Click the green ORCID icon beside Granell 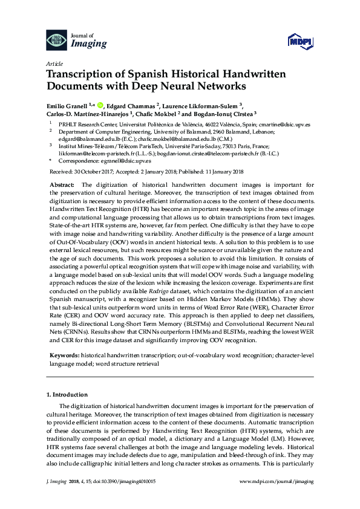[x=100, y=103]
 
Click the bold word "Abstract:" [x=62, y=184]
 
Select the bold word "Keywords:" [x=64, y=357]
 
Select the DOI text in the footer [x=116, y=482]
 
